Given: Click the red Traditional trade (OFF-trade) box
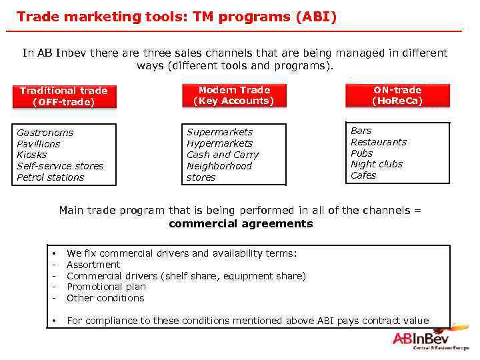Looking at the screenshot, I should click(x=63, y=96).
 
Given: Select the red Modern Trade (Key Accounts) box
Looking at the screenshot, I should click(x=234, y=95).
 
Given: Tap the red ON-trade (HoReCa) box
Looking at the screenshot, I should click(x=397, y=95).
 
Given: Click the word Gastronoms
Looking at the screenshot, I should click(x=45, y=133).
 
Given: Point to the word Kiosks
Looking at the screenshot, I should click(x=32, y=155).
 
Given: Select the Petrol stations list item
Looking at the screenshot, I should click(x=50, y=177).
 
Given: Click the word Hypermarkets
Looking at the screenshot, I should click(x=219, y=143).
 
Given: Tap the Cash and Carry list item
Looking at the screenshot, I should click(x=223, y=155).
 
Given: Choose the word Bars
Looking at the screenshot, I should click(x=361, y=131).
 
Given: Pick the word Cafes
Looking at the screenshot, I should click(x=363, y=175).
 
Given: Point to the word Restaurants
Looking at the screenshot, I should click(x=378, y=142).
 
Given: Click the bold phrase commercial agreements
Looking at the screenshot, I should click(x=240, y=224).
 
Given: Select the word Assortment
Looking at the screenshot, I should click(x=93, y=265).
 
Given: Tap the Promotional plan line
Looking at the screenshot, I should click(x=106, y=287).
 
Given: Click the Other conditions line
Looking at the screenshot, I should click(x=105, y=298).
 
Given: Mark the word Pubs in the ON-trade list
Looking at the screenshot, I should click(x=361, y=153).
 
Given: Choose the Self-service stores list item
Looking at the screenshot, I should click(x=60, y=166).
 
